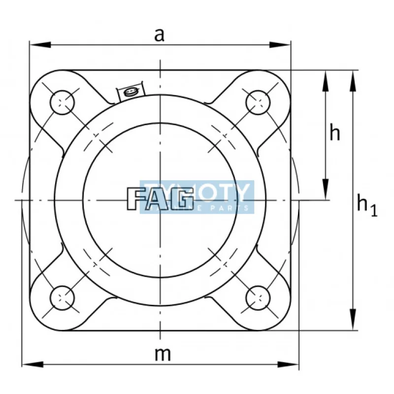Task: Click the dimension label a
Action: point(159,35)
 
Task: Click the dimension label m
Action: point(163,354)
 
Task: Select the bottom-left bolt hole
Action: point(63,296)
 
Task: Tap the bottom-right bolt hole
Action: point(258,296)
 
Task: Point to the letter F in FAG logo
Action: point(137,198)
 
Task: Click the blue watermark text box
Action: point(197,197)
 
